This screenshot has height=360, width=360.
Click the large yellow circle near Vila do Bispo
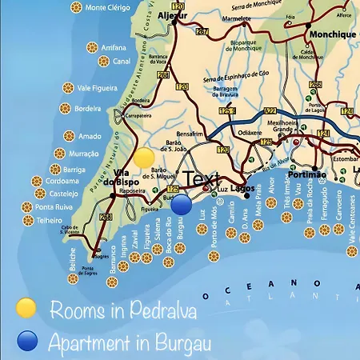(144, 158)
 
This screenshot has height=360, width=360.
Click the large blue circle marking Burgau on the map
(182, 205)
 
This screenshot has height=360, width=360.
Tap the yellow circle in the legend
(26, 308)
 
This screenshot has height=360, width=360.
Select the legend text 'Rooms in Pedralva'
(122, 310)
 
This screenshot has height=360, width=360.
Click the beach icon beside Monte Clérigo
(76, 7)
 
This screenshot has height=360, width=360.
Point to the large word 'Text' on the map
(199, 179)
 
